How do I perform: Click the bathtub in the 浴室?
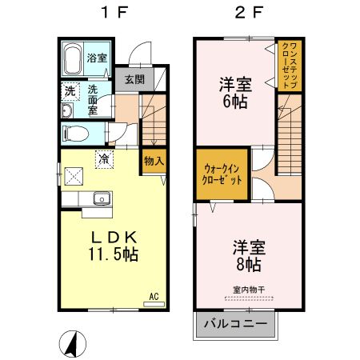point(72,58)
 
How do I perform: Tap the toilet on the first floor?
point(76,134)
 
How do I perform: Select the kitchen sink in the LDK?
point(102,198)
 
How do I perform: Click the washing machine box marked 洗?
point(70,91)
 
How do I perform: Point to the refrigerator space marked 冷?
point(104,159)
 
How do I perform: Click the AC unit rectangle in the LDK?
point(154,304)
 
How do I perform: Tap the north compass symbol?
point(73,344)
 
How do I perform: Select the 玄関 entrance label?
point(134,79)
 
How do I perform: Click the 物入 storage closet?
point(154,161)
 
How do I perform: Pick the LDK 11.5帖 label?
point(114,246)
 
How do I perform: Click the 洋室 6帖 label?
point(235,93)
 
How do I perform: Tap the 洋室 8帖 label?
point(249,256)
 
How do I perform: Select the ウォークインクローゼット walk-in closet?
point(222,174)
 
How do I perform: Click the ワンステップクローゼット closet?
point(290,66)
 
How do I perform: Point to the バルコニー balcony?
point(235,324)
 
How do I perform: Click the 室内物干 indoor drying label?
point(249,290)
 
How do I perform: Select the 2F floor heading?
point(249,13)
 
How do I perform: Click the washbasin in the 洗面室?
point(67,110)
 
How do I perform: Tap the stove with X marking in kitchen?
point(74,176)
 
